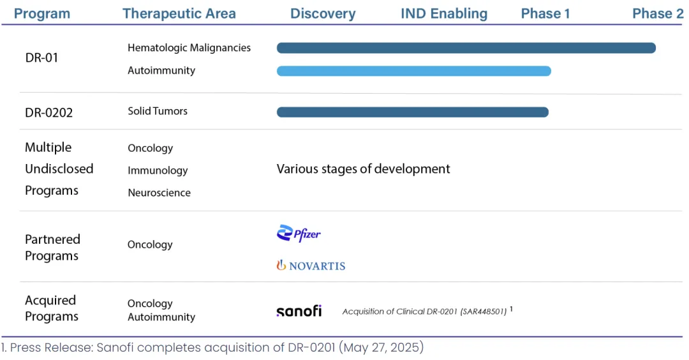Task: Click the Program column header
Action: point(41,13)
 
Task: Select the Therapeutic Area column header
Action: point(179,13)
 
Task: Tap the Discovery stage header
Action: point(323,13)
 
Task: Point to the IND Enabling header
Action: point(444,13)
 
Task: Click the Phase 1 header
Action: point(545,13)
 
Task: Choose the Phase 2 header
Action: point(658,13)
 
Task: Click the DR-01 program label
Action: point(41,57)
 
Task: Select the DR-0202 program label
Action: point(48,112)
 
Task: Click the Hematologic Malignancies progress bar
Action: point(466,48)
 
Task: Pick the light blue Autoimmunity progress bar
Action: point(414,71)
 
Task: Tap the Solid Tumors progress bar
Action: point(413,112)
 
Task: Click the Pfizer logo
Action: point(299,234)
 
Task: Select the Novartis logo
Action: point(311,266)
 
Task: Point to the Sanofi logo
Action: point(299,311)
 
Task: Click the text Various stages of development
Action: point(364,169)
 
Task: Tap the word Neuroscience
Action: point(159,193)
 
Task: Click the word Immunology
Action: point(158,170)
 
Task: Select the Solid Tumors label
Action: point(158,111)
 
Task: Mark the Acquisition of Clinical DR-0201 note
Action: point(424,311)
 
